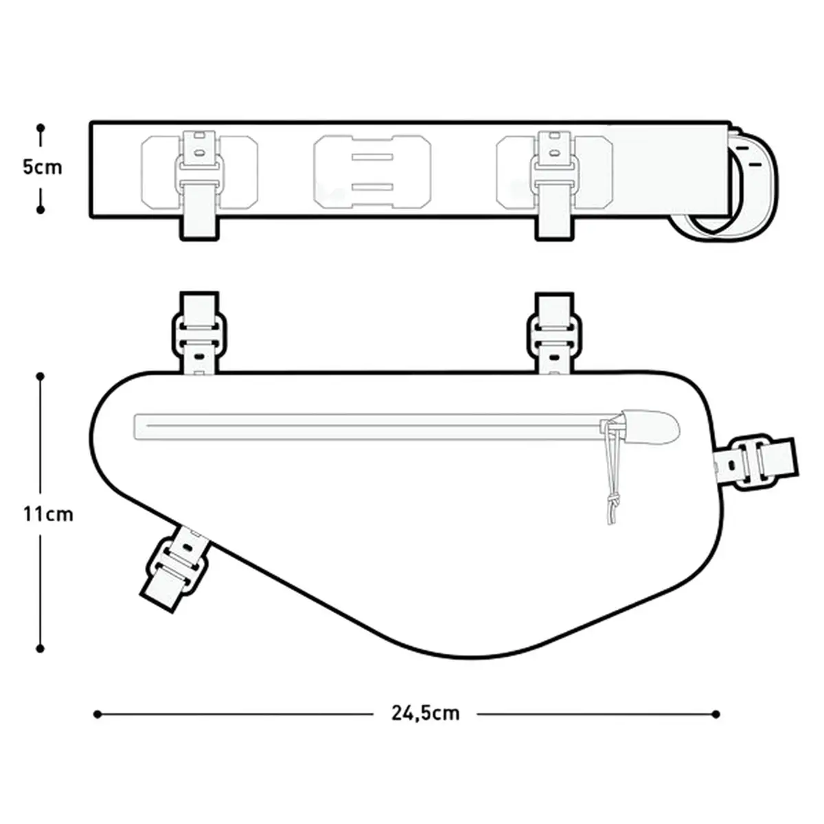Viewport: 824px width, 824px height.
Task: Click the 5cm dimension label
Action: tap(43, 167)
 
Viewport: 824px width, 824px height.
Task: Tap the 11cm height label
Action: tap(48, 514)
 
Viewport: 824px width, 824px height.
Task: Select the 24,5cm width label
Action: tap(426, 713)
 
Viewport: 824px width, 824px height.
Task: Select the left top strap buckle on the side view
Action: tap(199, 334)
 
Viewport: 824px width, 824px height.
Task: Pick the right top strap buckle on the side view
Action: tap(554, 334)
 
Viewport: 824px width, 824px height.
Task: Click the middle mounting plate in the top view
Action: tap(372, 172)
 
